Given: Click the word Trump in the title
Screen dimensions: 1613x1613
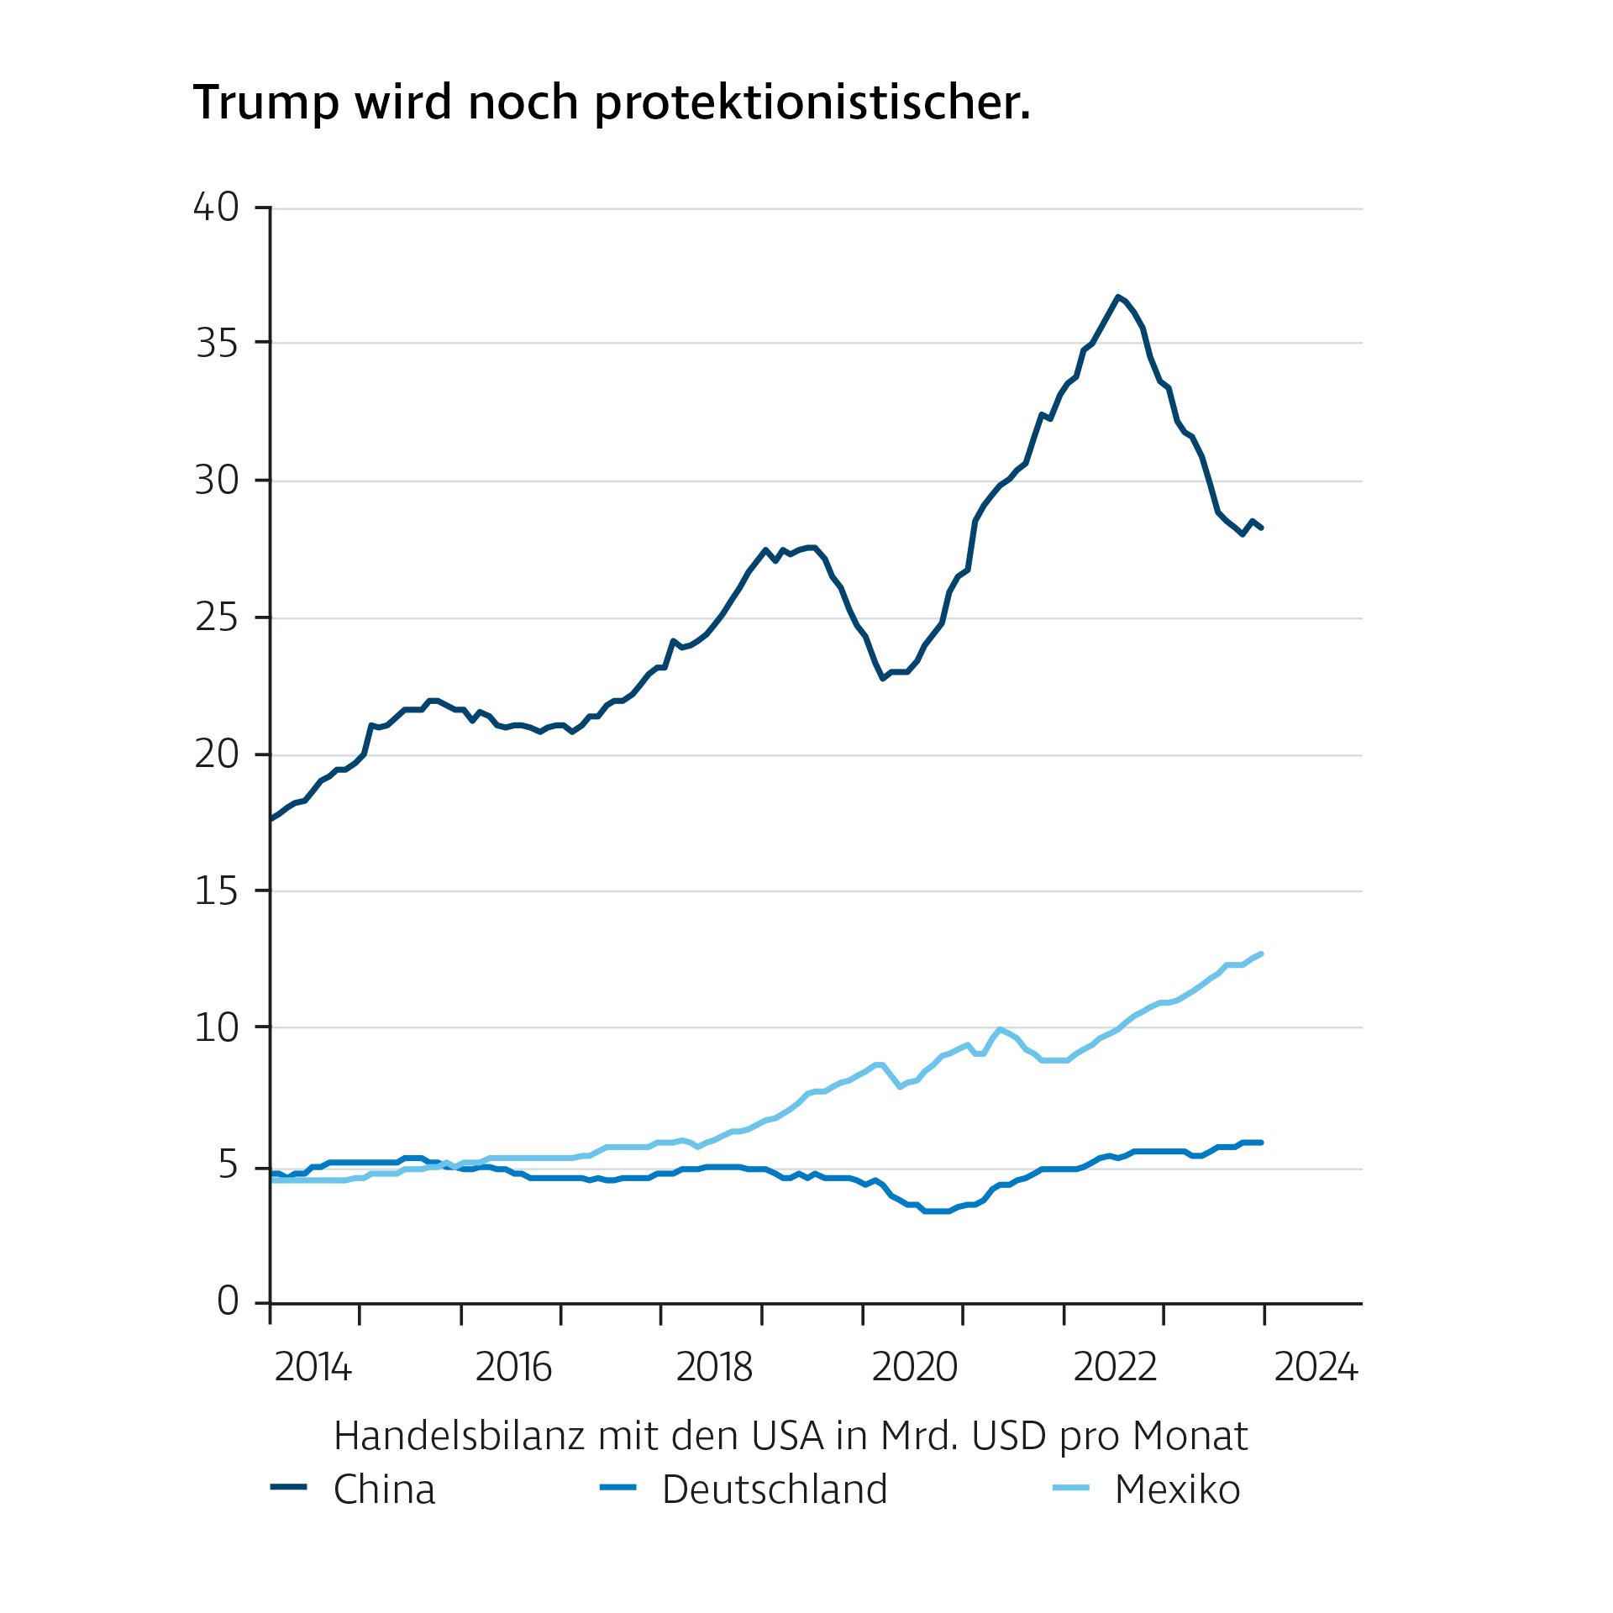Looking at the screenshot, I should coord(266,104).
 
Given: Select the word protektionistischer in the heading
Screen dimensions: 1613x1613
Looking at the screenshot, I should coord(812,104).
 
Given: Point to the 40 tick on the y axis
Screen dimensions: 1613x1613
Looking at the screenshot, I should coord(217,208).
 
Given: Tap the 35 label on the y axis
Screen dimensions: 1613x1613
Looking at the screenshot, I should coord(217,344).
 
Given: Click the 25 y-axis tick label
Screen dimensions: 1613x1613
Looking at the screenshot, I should coord(217,617).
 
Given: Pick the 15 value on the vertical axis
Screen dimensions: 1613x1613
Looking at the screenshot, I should coord(217,891).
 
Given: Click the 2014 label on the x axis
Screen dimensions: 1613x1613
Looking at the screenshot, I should coord(313,1368).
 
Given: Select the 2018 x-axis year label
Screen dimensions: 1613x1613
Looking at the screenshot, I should coord(714,1368).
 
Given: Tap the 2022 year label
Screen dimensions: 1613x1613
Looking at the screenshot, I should coord(1115,1368).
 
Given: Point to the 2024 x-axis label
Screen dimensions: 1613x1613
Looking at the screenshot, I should coord(1316,1368).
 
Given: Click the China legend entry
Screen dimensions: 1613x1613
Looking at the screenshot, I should coord(384,1490).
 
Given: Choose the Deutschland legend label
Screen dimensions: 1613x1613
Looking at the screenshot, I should coord(774,1490).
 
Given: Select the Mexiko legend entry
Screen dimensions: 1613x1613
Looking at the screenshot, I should coord(1176,1490).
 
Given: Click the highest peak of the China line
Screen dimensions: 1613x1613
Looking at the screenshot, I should coord(1117,297).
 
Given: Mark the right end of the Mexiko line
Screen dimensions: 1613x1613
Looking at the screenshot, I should coord(1261,954).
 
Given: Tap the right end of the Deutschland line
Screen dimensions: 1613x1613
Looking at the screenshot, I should coord(1261,1143).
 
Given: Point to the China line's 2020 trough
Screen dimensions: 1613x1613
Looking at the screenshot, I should coord(882,678).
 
